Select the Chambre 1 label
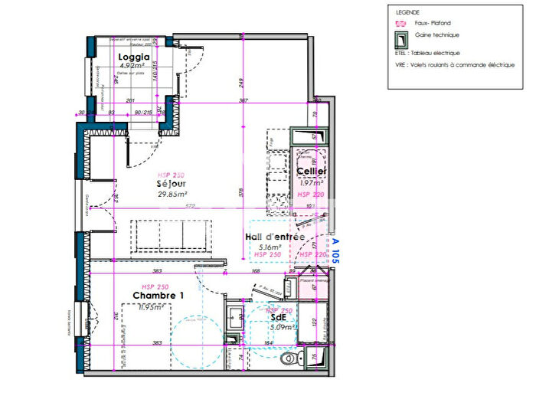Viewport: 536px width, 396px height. (159, 296)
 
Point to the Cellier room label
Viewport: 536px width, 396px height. (312, 172)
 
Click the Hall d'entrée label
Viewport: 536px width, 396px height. (275, 237)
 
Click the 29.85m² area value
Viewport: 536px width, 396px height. (172, 194)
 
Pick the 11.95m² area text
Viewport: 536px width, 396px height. (153, 307)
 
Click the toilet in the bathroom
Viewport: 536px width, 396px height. (289, 358)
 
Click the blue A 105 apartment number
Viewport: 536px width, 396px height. (335, 250)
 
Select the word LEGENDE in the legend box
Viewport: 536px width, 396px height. (407, 13)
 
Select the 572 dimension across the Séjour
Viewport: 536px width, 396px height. (168, 206)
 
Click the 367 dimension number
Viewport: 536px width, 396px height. (243, 100)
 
